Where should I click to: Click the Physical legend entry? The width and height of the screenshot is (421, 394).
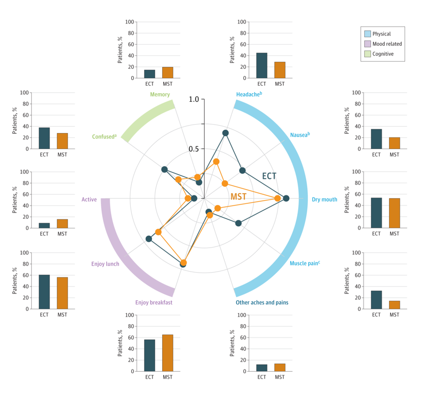pyautogui.click(x=381, y=34)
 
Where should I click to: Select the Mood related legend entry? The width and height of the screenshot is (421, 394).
pyautogui.click(x=386, y=44)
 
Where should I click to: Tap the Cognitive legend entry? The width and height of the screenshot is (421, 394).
pyautogui.click(x=383, y=54)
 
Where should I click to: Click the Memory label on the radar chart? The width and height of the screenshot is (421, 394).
pyautogui.click(x=159, y=95)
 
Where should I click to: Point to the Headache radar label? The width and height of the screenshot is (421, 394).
pyautogui.click(x=249, y=95)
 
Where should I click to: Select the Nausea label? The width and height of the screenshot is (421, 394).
pyautogui.click(x=299, y=135)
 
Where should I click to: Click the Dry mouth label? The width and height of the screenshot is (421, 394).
pyautogui.click(x=324, y=200)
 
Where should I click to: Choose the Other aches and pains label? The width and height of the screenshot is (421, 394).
pyautogui.click(x=262, y=302)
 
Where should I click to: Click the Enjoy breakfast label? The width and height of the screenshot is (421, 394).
pyautogui.click(x=154, y=302)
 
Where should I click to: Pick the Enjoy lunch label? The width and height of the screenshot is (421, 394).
pyautogui.click(x=105, y=264)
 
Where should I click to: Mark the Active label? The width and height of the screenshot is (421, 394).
pyautogui.click(x=89, y=200)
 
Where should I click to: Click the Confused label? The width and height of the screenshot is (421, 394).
pyautogui.click(x=104, y=137)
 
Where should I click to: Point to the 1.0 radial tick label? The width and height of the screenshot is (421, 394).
pyautogui.click(x=193, y=100)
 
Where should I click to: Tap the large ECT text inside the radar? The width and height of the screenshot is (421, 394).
pyautogui.click(x=269, y=176)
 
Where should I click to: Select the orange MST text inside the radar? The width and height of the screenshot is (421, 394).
pyautogui.click(x=239, y=196)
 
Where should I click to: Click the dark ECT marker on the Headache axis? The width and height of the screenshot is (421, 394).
pyautogui.click(x=225, y=133)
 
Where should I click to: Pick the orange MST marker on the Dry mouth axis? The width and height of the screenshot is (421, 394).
pyautogui.click(x=277, y=199)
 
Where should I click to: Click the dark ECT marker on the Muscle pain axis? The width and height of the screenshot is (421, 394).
pyautogui.click(x=238, y=223)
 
